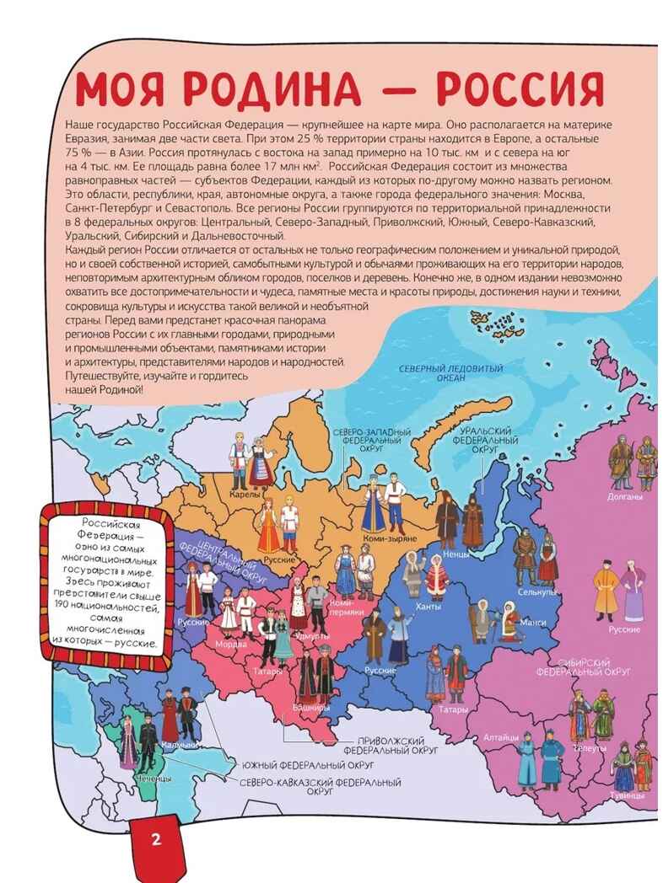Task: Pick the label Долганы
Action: tap(625, 497)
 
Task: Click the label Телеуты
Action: tap(588, 747)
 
